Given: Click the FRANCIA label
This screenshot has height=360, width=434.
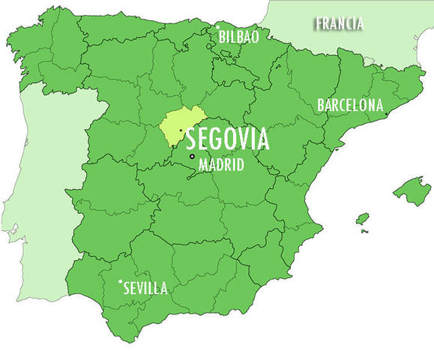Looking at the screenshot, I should tap(340, 24).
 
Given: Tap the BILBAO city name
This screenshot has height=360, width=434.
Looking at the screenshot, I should tap(238, 36).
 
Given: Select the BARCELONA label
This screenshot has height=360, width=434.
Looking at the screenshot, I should tap(350, 105).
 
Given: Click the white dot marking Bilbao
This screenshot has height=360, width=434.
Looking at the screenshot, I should tap(217, 28).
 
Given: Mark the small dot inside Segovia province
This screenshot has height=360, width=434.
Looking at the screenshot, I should tap(181, 130).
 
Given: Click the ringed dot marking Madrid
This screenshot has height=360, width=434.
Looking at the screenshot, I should tap(193, 156).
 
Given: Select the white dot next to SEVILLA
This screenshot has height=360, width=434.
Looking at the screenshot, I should tap(120, 282).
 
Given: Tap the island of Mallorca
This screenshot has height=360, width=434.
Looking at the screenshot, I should tap(410, 190).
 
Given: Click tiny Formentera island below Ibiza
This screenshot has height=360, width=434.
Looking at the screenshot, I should tap(364, 231).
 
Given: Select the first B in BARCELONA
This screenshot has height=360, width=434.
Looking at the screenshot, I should tap(322, 105).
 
